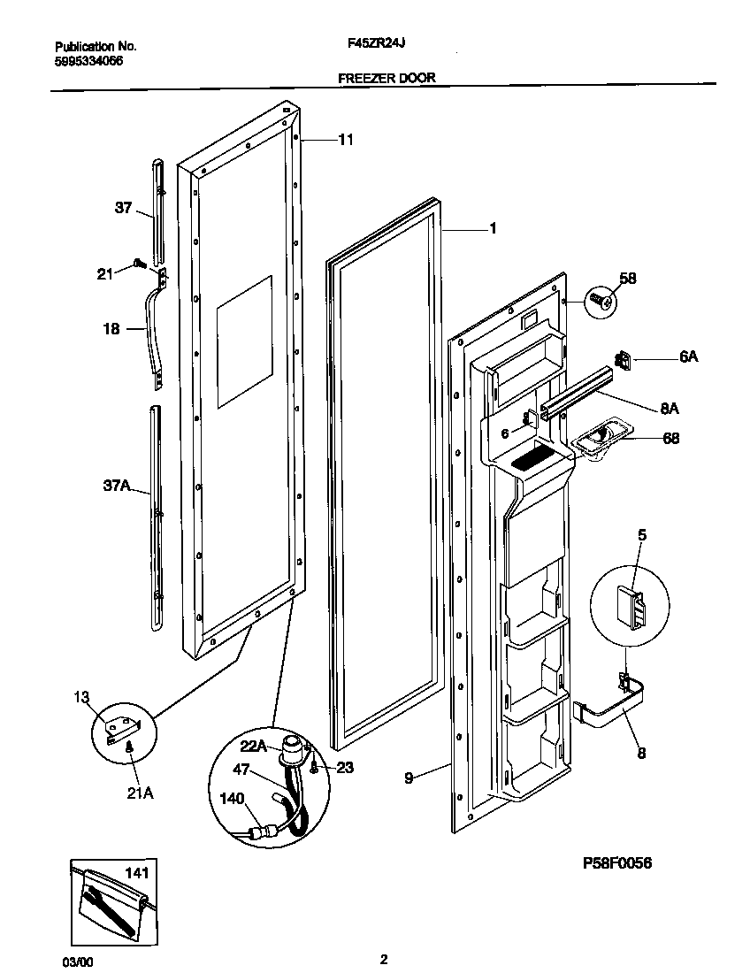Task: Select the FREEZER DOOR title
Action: click(386, 78)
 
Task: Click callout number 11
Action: click(345, 139)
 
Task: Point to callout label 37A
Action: click(117, 486)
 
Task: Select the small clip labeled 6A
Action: click(622, 360)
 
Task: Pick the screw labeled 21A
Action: click(130, 748)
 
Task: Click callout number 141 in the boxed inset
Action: click(135, 874)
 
